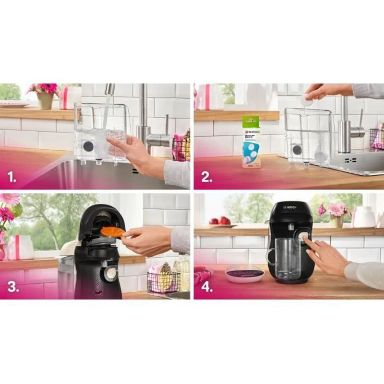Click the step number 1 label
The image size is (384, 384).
click(11, 177)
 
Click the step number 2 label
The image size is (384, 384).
click(206, 177)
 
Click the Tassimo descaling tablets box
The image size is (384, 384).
click(251, 141)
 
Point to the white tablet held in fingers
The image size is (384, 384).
click(307, 100)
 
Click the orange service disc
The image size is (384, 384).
click(112, 232)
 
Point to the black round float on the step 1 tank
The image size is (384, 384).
click(88, 146)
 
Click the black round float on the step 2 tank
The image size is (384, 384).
click(298, 149)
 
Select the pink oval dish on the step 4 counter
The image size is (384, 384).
click(244, 274)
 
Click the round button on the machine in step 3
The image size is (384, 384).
click(110, 274)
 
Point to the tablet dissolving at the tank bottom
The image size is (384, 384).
click(320, 156)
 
